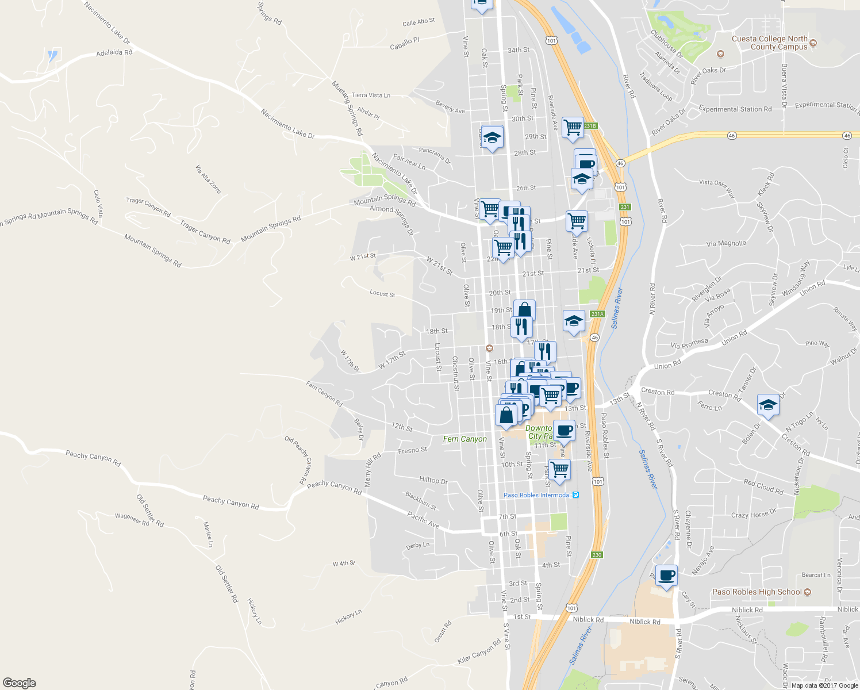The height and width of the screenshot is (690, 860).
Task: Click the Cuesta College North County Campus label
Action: point(769,43)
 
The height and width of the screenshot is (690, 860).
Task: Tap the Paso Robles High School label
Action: point(757,592)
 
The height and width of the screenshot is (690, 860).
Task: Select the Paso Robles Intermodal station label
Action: point(537,495)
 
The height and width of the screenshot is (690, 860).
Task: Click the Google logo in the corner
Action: point(19,683)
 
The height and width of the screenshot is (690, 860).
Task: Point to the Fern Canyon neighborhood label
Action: point(464,439)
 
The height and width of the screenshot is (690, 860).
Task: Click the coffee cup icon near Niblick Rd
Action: point(666,575)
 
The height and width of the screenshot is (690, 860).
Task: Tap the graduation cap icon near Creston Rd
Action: point(768,405)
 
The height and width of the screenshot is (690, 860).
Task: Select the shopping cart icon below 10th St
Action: point(559,469)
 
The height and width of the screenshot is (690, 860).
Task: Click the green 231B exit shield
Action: point(590,126)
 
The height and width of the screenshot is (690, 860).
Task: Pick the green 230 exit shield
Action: point(597,555)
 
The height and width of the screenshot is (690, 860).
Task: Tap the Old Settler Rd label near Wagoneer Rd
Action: point(150,511)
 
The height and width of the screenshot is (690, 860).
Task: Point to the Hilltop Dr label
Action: point(433,480)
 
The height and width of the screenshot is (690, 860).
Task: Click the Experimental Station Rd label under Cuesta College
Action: point(735,109)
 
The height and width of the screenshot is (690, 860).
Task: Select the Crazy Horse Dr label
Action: point(754,513)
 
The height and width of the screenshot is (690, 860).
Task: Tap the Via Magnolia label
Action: point(726,244)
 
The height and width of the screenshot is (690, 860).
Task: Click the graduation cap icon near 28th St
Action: point(492,138)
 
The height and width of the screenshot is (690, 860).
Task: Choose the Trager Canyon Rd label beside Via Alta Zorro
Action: point(148,207)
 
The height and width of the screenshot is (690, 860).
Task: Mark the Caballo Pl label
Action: point(405,44)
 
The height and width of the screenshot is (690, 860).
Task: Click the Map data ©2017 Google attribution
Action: point(824,685)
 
